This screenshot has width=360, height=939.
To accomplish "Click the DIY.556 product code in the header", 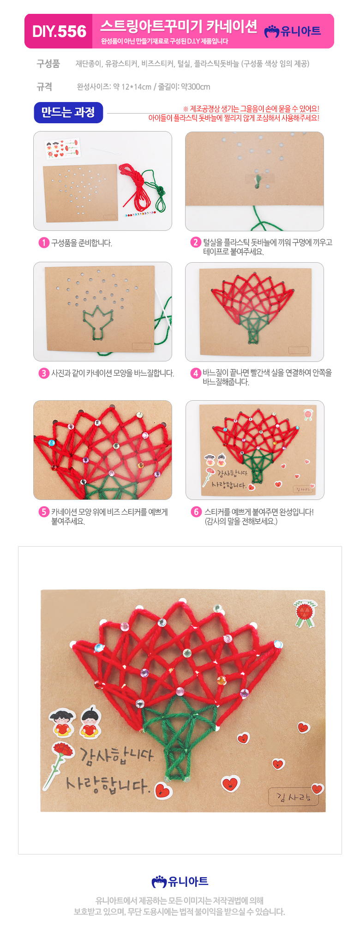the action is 59,31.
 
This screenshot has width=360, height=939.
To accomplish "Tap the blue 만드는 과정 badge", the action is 68,113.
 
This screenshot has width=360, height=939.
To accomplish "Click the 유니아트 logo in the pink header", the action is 293,31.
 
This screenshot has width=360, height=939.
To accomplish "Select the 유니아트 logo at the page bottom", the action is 180,881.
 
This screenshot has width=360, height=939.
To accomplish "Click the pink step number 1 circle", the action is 44,243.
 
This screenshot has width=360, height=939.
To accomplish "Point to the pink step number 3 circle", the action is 44,373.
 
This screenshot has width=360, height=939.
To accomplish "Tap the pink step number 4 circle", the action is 196,373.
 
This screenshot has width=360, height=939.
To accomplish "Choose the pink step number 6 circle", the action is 196,512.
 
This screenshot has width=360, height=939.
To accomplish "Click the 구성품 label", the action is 48,64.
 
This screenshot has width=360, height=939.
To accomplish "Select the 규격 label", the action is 44,87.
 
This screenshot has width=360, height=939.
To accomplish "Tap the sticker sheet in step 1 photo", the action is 63,148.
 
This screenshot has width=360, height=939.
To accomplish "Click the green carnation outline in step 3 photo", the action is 98,321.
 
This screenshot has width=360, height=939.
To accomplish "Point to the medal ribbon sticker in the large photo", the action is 306,613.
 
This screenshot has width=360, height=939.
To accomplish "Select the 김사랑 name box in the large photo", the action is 294,797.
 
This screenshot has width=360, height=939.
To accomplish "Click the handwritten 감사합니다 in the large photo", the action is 116,756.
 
